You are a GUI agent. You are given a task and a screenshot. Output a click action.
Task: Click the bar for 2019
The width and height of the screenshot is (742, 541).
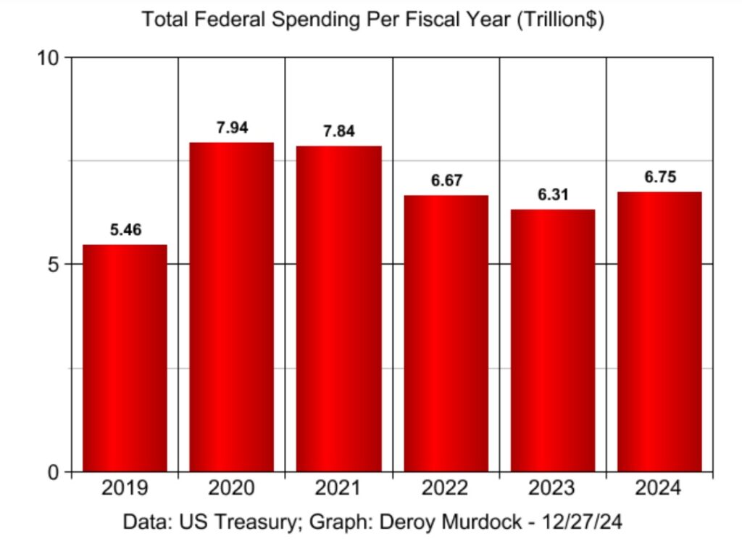click(x=125, y=358)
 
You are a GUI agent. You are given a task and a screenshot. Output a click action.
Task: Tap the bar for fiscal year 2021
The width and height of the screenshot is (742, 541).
click(x=339, y=309)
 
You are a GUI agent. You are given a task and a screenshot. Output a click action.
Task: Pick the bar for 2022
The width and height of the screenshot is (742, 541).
click(x=446, y=334)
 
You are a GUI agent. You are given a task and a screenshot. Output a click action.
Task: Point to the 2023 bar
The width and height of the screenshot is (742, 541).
click(x=553, y=341)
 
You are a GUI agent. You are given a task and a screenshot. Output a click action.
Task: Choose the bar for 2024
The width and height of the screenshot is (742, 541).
click(x=659, y=331)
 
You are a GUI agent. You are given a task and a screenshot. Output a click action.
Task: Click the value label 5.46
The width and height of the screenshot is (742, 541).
click(x=126, y=231)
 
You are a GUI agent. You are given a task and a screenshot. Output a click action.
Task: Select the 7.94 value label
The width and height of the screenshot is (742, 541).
click(x=233, y=128)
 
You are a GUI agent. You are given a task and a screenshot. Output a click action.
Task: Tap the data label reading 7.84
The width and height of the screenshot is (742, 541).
click(x=340, y=132)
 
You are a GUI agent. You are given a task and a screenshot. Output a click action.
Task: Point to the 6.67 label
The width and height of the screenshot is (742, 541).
click(x=446, y=181)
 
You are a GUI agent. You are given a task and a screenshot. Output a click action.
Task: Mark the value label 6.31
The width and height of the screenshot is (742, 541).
click(x=553, y=195)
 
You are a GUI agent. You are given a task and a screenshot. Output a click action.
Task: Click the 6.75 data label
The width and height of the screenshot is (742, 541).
click(x=660, y=178)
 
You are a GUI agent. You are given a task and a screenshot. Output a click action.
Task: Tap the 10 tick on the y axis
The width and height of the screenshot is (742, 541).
click(x=51, y=57)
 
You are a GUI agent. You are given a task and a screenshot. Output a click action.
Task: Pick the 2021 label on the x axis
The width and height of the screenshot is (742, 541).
click(x=338, y=488)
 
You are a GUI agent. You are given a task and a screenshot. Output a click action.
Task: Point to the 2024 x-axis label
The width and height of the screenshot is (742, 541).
click(x=659, y=488)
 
